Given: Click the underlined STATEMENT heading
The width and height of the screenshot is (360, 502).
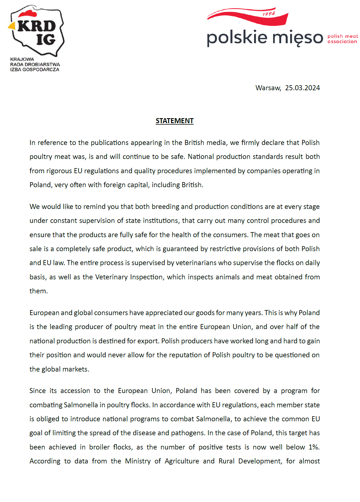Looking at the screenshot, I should click(174, 121).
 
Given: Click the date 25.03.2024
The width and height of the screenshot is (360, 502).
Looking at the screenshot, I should click(302, 88).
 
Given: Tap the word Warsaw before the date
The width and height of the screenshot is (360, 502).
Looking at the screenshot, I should click(268, 88).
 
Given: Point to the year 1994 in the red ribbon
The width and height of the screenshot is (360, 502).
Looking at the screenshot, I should click(269, 14).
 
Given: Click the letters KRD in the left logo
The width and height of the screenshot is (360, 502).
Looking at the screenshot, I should click(37, 26).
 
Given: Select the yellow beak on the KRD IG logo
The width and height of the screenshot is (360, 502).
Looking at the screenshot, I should click(11, 26).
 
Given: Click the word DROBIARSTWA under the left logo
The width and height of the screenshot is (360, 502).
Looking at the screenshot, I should click(42, 65).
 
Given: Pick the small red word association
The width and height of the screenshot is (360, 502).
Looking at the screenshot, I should click(342, 42).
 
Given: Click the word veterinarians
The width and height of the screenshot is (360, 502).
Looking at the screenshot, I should click(196, 263).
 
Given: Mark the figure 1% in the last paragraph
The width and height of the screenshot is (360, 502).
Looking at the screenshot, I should click(314, 447).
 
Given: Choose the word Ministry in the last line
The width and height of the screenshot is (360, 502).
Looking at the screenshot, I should click(138, 461).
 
